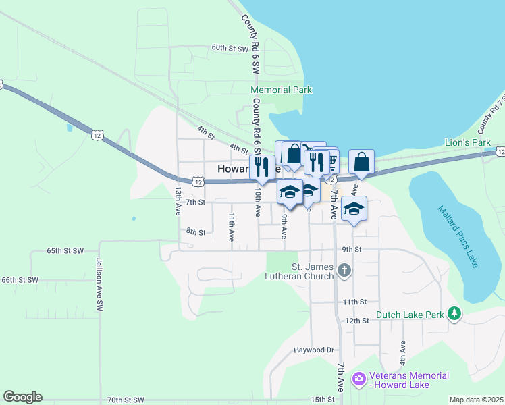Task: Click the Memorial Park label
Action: tap(281, 90)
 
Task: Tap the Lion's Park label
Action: tap(467, 142)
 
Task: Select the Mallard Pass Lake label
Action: tap(458, 236)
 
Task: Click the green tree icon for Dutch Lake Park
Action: tap(455, 313)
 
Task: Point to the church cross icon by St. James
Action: tap(344, 271)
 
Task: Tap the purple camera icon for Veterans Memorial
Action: tap(358, 379)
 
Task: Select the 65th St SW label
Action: tap(65, 250)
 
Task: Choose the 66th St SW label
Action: tap(20, 279)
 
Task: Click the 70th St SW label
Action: tap(126, 400)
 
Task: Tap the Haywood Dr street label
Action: tap(314, 350)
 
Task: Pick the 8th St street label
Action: tap(196, 232)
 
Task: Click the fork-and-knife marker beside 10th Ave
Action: tap(262, 166)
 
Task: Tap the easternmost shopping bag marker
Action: tap(361, 162)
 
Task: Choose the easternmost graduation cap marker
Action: tap(354, 208)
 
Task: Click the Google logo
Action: tap(22, 397)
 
